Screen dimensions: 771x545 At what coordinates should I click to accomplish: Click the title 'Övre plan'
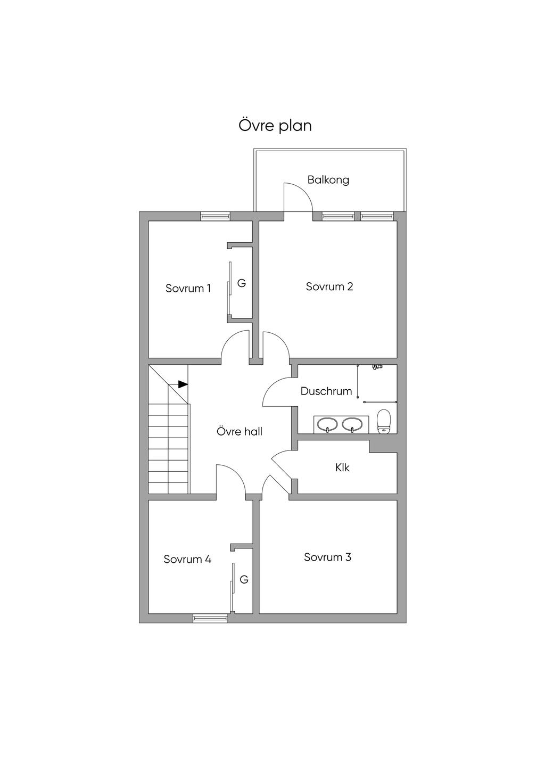[x=275, y=126]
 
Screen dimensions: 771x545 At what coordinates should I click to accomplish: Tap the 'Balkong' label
[x=328, y=180]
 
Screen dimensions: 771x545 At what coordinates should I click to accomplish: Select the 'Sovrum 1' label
[x=188, y=289]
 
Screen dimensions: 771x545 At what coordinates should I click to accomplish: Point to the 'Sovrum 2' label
[x=329, y=286]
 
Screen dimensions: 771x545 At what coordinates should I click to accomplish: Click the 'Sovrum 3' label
[x=327, y=557]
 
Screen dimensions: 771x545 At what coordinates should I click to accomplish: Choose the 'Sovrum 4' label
[x=187, y=560]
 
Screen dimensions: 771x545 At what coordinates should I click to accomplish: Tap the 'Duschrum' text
[x=326, y=391]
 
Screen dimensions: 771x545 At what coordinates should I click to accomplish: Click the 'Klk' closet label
[x=342, y=467]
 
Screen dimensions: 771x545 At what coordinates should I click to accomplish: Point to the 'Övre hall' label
[x=240, y=432]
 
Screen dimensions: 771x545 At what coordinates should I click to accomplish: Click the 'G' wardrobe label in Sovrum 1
[x=242, y=284]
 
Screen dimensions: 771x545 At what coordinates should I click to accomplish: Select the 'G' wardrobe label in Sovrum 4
[x=244, y=580]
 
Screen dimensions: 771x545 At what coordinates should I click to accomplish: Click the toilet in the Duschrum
[x=384, y=421]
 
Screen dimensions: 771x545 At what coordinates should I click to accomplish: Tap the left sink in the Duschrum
[x=326, y=424]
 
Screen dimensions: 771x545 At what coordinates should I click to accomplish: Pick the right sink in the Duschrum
[x=352, y=424]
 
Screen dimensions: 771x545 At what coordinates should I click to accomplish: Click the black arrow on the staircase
[x=182, y=384]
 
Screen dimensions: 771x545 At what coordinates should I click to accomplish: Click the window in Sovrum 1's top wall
[x=215, y=216]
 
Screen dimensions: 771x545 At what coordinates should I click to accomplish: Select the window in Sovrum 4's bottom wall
[x=210, y=618]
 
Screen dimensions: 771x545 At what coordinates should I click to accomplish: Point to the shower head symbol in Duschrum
[x=377, y=367]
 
